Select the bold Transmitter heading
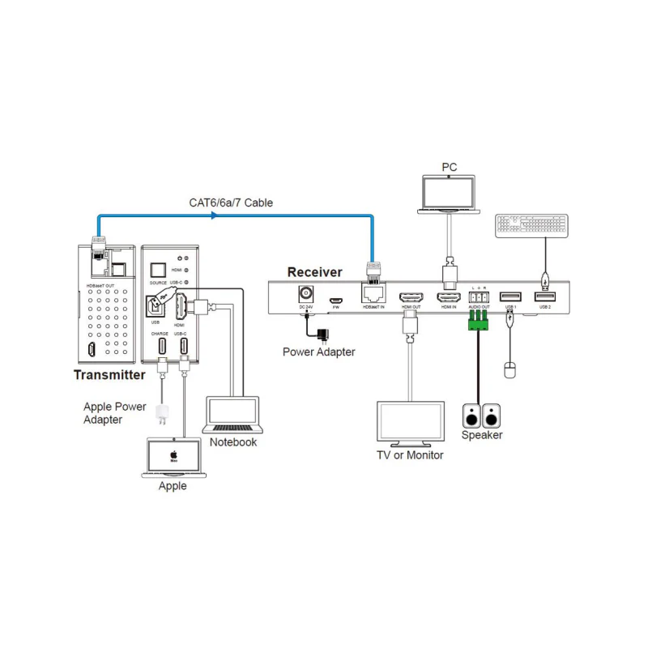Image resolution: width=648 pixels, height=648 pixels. pyautogui.click(x=109, y=375)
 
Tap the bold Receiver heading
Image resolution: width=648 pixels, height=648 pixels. pyautogui.click(x=314, y=272)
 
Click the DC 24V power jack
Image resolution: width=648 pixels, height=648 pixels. pyautogui.click(x=307, y=296)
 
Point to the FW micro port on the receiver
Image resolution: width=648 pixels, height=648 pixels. pyautogui.click(x=335, y=301)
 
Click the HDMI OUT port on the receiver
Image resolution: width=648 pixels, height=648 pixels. pyautogui.click(x=411, y=298)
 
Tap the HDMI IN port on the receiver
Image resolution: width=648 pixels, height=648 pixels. pyautogui.click(x=449, y=298)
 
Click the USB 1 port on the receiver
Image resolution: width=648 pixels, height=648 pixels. pyautogui.click(x=509, y=298)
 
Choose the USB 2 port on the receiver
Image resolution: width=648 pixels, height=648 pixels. pyautogui.click(x=545, y=298)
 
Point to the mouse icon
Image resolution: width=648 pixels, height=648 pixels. pyautogui.click(x=509, y=370)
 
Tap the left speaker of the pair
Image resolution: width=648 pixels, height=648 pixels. pyautogui.click(x=471, y=416)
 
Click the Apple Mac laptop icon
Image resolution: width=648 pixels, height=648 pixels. pyautogui.click(x=173, y=457)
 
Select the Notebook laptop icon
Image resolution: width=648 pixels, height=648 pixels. pyautogui.click(x=232, y=415)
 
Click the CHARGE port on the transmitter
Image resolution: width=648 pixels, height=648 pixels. pyautogui.click(x=164, y=347)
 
